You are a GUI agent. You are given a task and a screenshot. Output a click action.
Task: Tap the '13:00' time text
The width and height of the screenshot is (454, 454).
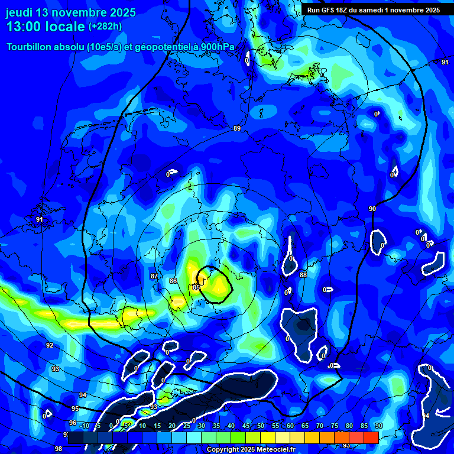24,27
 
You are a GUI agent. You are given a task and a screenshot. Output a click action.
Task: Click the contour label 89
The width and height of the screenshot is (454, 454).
237,128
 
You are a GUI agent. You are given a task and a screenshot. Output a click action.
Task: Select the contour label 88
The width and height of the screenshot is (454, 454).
303,275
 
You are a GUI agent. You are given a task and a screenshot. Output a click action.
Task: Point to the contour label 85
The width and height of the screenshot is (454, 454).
196,287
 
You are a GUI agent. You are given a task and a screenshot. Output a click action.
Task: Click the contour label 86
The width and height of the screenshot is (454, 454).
173,280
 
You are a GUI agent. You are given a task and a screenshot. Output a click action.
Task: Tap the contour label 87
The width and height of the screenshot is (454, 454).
154,276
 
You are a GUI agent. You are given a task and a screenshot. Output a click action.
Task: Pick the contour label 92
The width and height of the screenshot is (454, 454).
50,345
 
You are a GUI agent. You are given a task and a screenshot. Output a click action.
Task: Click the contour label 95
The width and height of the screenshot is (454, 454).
75,408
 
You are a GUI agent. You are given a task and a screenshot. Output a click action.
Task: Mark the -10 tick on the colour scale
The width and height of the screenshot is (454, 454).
83,426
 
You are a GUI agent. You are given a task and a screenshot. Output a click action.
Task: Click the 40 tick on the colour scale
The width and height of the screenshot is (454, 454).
231,426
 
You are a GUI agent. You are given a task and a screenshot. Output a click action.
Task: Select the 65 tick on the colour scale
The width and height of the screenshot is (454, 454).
305,426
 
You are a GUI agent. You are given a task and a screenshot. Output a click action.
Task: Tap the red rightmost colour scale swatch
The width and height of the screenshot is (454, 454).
371,437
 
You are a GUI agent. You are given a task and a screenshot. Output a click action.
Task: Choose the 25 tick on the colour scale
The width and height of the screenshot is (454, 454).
187,426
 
